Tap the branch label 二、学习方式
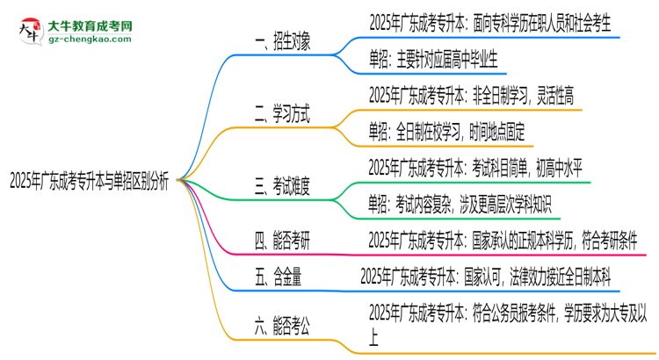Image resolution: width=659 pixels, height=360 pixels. click(x=281, y=113)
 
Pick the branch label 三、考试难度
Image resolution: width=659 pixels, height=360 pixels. click(x=281, y=185)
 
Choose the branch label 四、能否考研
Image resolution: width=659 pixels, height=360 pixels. click(x=281, y=240)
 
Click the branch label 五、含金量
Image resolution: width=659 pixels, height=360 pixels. click(x=278, y=277)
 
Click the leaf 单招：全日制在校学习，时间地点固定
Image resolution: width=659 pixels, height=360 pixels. click(x=446, y=131)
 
